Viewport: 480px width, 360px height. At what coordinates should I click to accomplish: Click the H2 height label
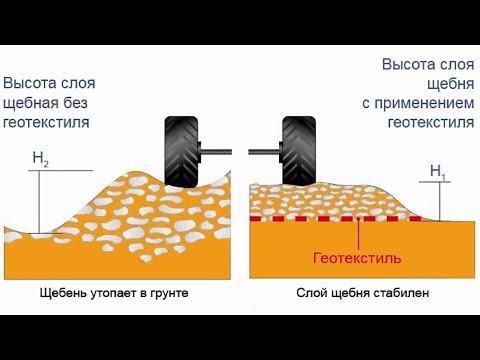[x=41, y=157]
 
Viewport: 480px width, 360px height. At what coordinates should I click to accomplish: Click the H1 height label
[x=438, y=171]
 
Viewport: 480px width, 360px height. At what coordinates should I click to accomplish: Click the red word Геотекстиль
[x=357, y=258]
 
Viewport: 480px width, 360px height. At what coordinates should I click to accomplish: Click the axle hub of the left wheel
[x=204, y=153]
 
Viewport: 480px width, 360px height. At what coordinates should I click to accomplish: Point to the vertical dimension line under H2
[x=41, y=200]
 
